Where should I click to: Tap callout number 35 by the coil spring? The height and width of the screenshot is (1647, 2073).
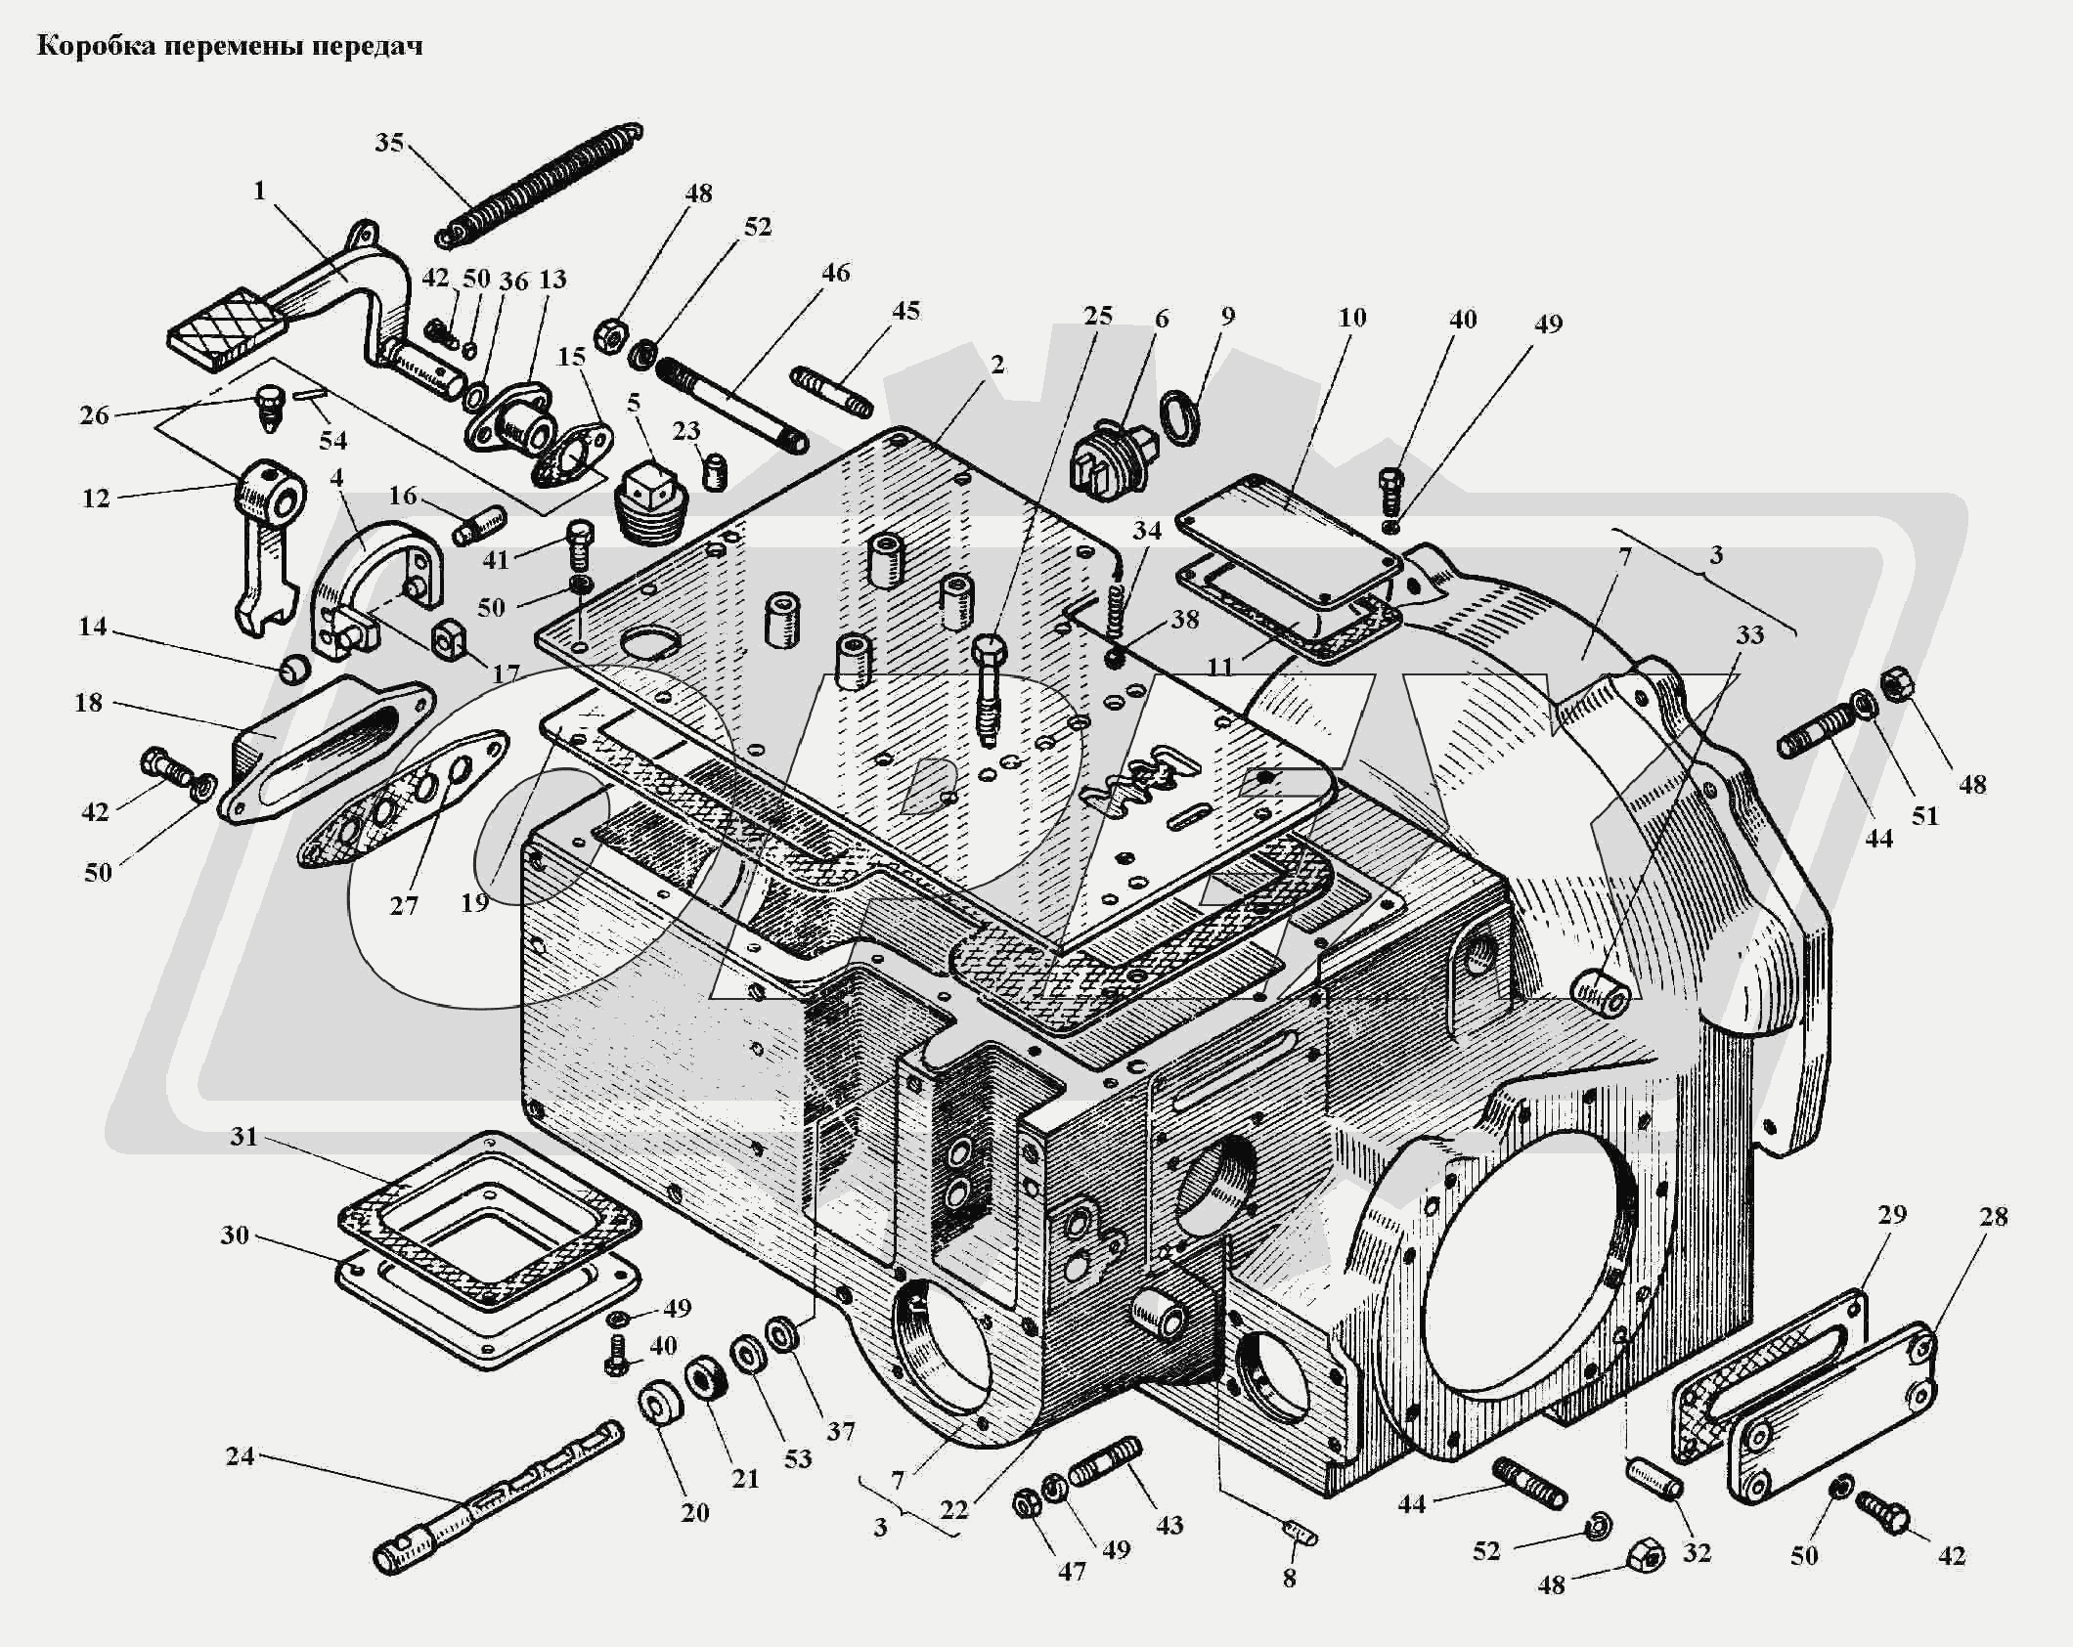[x=389, y=143]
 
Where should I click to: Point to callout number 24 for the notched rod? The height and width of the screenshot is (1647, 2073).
[x=240, y=1455]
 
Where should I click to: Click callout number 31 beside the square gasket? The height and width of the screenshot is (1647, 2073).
[x=244, y=1136]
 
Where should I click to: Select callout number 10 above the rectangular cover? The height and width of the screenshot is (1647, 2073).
[x=1352, y=318]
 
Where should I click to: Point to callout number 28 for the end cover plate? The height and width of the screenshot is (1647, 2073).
[x=1993, y=1217]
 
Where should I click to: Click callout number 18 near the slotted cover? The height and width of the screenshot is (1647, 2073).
[x=89, y=702]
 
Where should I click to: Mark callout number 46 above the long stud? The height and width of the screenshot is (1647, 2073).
[x=836, y=273]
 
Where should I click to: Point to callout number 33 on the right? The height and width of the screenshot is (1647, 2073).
[x=1749, y=635]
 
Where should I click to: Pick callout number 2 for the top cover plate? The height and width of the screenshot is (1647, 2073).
[x=996, y=366]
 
